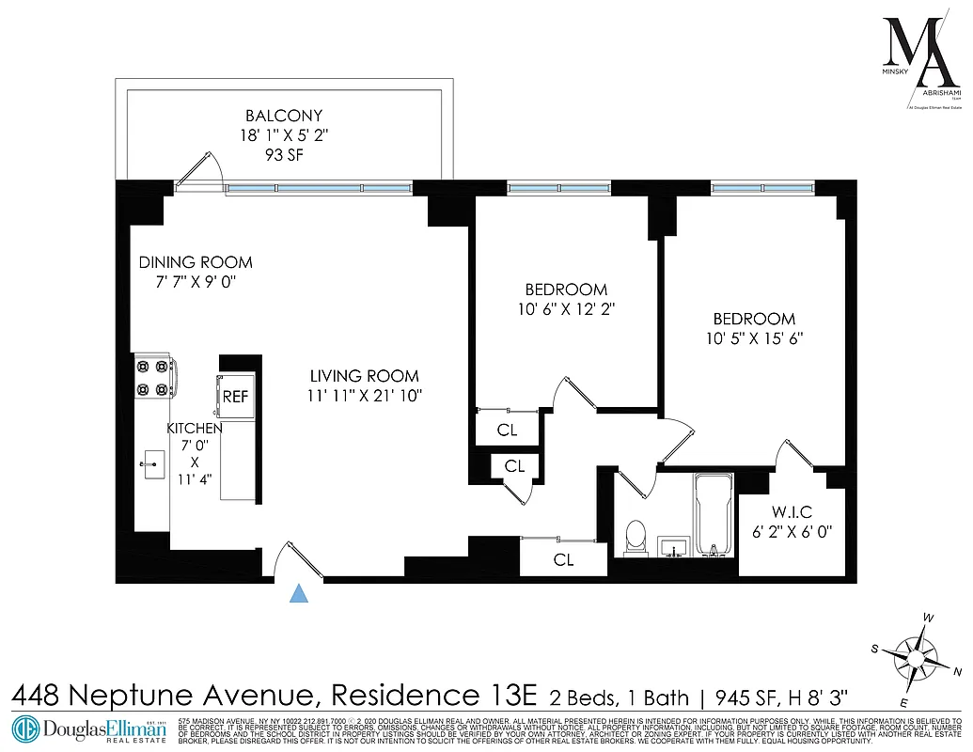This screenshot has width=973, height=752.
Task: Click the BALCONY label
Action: coord(283,117)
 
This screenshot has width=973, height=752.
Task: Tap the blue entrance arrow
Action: coord(299,592)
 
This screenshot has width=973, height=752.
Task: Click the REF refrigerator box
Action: coord(235,397)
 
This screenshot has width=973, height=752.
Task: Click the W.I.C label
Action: coord(791,512)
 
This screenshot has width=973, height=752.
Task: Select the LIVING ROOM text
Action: coord(365,376)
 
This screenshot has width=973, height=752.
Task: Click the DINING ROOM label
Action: coord(196,262)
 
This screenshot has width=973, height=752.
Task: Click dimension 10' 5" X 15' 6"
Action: coord(753,338)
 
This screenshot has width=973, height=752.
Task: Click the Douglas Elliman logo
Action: coord(89,729)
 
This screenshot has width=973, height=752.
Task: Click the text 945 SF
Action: coord(744,697)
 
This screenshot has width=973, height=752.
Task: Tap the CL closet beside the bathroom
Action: coord(563,560)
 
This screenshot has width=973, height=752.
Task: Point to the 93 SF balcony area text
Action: coord(283,153)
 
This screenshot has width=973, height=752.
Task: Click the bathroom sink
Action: coord(674,545)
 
